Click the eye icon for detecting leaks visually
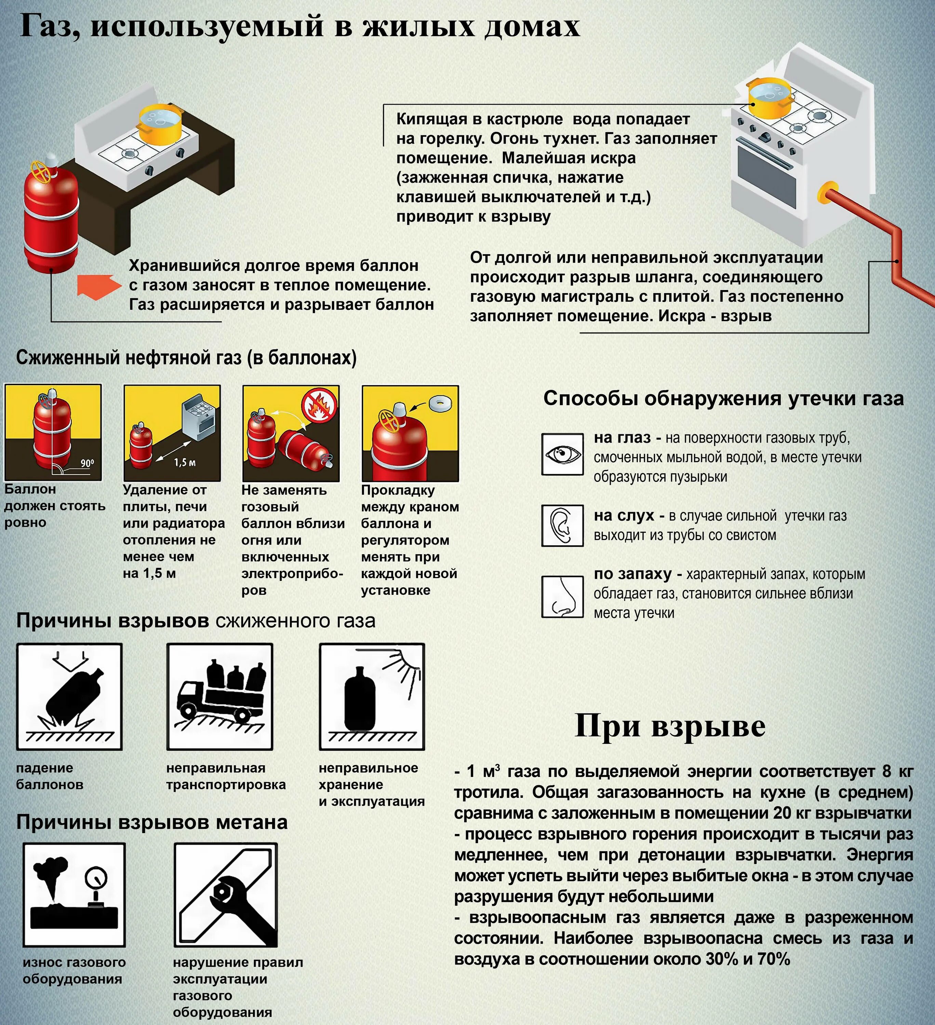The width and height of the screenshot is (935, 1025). pos(562,454)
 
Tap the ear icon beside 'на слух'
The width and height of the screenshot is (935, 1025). pos(562,525)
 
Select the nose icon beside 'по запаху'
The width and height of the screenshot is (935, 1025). pos(562,597)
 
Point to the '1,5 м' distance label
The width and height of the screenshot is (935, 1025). pos(185,463)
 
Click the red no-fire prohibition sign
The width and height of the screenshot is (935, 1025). pos(319,405)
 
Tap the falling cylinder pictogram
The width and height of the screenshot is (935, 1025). pos(70,697)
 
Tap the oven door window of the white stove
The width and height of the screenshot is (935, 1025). pos(766,178)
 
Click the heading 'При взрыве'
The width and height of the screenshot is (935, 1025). pos(669,726)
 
